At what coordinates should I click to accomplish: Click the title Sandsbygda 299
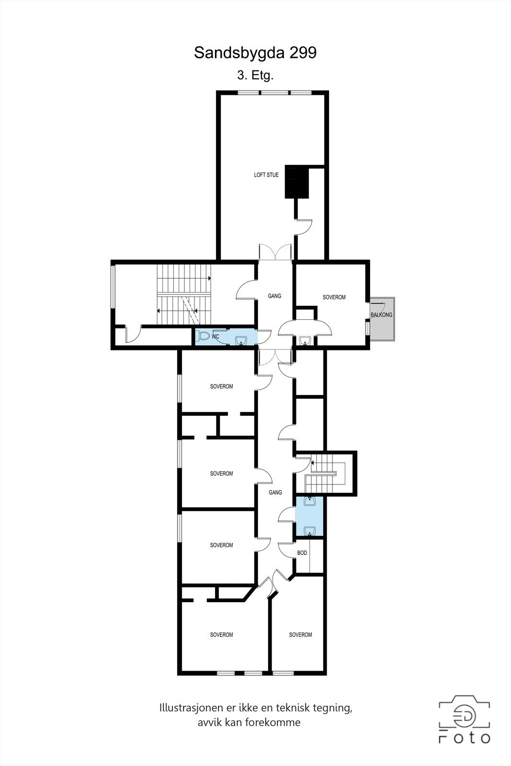pos(255,53)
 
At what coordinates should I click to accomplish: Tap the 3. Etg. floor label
pos(255,75)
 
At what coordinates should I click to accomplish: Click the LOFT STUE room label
pos(266,175)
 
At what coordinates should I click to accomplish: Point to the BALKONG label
pos(381,315)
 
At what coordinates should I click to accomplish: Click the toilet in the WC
pos(203,336)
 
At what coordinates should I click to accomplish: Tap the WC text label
pos(216,337)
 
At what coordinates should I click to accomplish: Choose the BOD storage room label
pos(302,553)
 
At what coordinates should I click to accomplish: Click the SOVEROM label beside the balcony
pos(334,297)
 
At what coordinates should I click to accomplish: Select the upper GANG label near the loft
pos(274,296)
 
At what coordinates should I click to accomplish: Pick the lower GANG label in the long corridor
pos(275,493)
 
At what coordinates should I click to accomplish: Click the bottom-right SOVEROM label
pos(300,635)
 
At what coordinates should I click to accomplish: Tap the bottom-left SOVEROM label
pos(221,635)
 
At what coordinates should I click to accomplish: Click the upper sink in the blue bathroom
pos(309,502)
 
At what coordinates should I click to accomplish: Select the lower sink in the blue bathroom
pos(309,530)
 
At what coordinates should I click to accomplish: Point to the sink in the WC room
pos(241,340)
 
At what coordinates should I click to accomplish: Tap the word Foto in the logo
pos(465,738)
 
